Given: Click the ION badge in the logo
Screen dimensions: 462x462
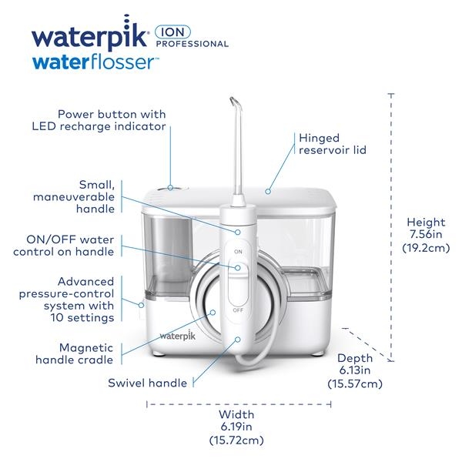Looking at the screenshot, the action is click(173, 32).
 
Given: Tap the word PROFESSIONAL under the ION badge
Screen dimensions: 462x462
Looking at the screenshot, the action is click(192, 44).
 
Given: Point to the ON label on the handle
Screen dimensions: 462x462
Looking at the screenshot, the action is click(238, 252).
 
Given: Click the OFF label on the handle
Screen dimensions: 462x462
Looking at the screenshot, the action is click(238, 310).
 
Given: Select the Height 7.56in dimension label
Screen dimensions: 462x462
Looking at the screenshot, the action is click(426, 235).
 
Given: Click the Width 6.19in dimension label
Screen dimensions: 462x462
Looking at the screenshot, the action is click(236, 427).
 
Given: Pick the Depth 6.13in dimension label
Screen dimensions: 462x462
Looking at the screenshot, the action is click(355, 370).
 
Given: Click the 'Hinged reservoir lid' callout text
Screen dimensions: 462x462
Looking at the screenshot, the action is click(333, 144).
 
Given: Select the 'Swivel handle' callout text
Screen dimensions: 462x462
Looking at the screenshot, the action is click(147, 383).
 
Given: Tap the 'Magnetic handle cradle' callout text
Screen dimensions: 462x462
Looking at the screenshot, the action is click(74, 353).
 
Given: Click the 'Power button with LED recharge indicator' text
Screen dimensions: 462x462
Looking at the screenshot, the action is click(99, 120).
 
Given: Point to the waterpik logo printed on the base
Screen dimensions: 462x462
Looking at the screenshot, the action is click(177, 335).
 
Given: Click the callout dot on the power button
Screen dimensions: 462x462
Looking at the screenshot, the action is click(170, 187).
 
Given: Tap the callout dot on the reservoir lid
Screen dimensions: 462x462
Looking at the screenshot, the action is click(268, 192).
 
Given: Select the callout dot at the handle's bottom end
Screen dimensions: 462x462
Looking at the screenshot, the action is click(238, 340).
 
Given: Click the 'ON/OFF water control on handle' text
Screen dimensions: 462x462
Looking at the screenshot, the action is click(64, 246).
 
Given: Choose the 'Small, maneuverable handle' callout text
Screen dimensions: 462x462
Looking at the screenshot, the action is click(74, 197).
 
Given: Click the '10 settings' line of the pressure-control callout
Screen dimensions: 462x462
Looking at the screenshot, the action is click(82, 317).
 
